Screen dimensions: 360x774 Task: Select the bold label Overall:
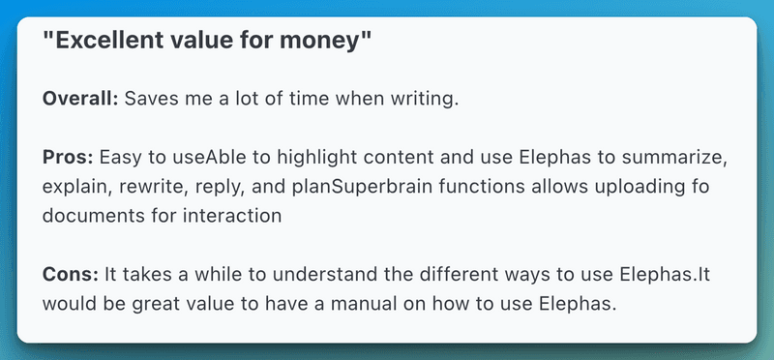pos(79,98)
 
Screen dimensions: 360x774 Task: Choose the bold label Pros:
pos(68,156)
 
